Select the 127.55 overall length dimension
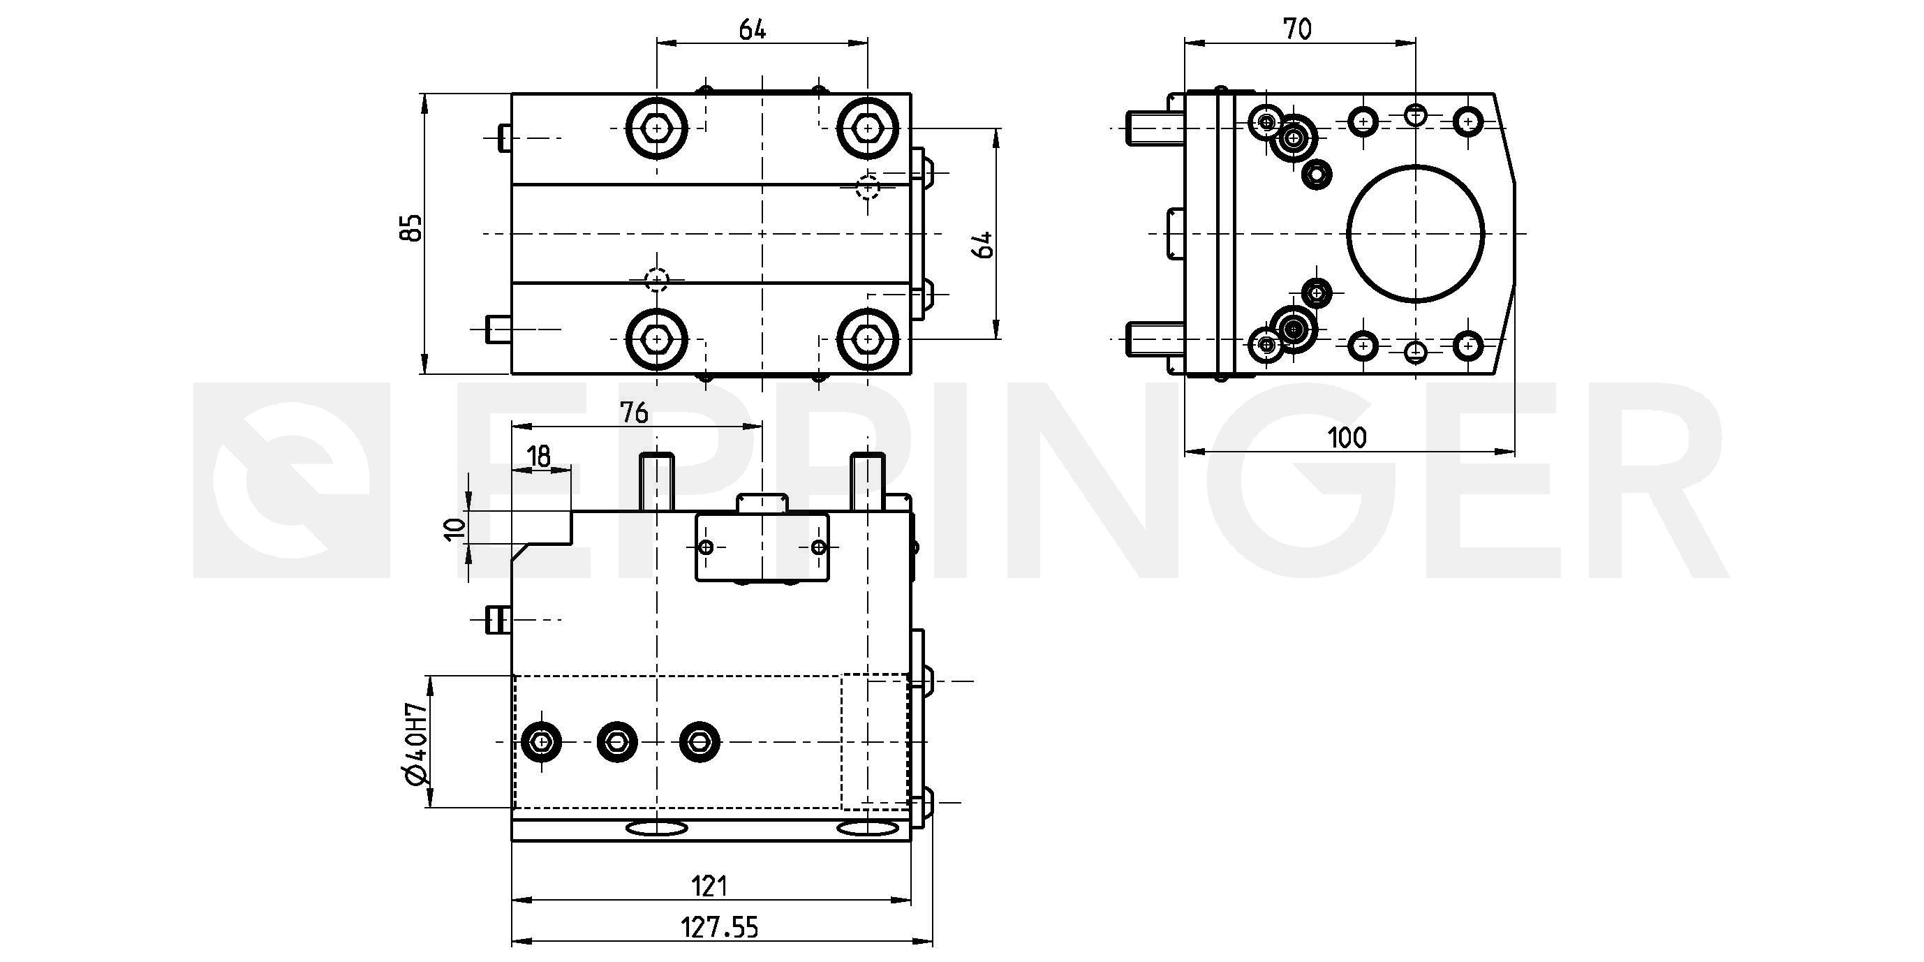719,928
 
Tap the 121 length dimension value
709,886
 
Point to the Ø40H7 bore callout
415,744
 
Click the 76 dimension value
634,413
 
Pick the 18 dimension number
538,456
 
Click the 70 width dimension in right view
1297,29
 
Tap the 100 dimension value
1347,437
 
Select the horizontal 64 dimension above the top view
753,30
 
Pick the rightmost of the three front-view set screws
700,741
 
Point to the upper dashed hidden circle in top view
867,186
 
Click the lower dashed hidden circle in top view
656,280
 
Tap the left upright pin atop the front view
656,482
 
